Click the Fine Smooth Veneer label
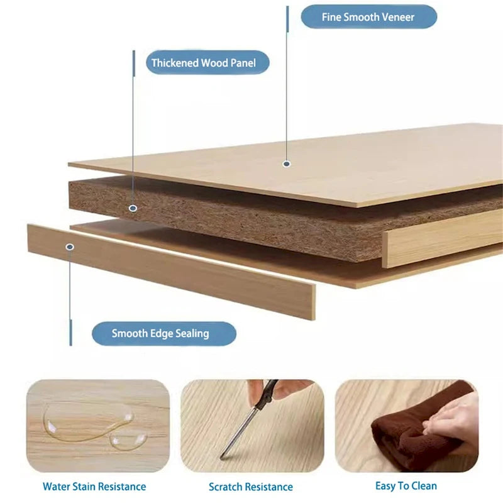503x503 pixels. point(368,17)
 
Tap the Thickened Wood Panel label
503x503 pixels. point(207,62)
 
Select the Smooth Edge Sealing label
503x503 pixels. point(164,334)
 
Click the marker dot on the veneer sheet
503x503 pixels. point(287,164)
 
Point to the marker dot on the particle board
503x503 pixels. point(133,208)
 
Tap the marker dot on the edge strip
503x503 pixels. point(70,246)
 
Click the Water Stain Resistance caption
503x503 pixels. point(94,486)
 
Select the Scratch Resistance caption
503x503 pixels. point(250,487)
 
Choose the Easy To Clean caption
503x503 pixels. point(406,486)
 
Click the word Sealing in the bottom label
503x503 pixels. point(192,334)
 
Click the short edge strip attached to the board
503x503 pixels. point(443,239)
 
